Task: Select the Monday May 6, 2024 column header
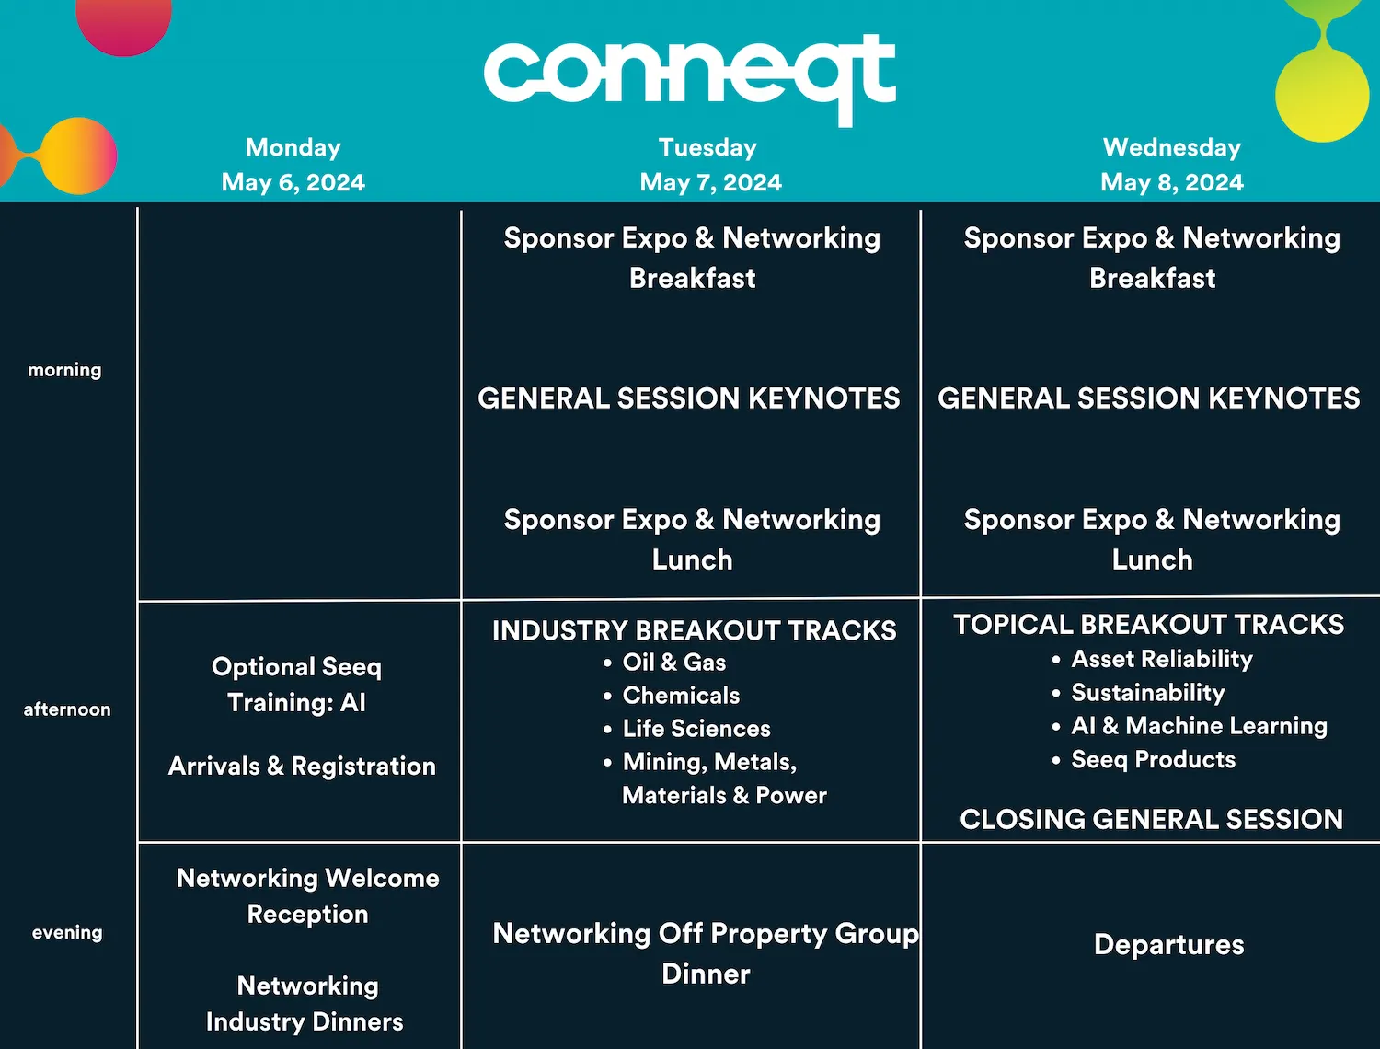point(293,165)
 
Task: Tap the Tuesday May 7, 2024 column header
point(710,165)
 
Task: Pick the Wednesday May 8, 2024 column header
point(1172,165)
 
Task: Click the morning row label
point(64,370)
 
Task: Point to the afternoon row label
point(67,709)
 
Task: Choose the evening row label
point(67,933)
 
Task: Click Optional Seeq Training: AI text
point(297,685)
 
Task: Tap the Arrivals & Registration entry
point(302,767)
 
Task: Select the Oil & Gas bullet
point(674,663)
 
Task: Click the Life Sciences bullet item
point(696,729)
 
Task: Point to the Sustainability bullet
point(1148,693)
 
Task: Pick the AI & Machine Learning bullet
point(1199,726)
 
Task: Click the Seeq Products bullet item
point(1153,760)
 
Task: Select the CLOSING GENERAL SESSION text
point(1151,820)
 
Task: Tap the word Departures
point(1168,945)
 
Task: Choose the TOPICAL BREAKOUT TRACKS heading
point(1149,625)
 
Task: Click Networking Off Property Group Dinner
point(706,953)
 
